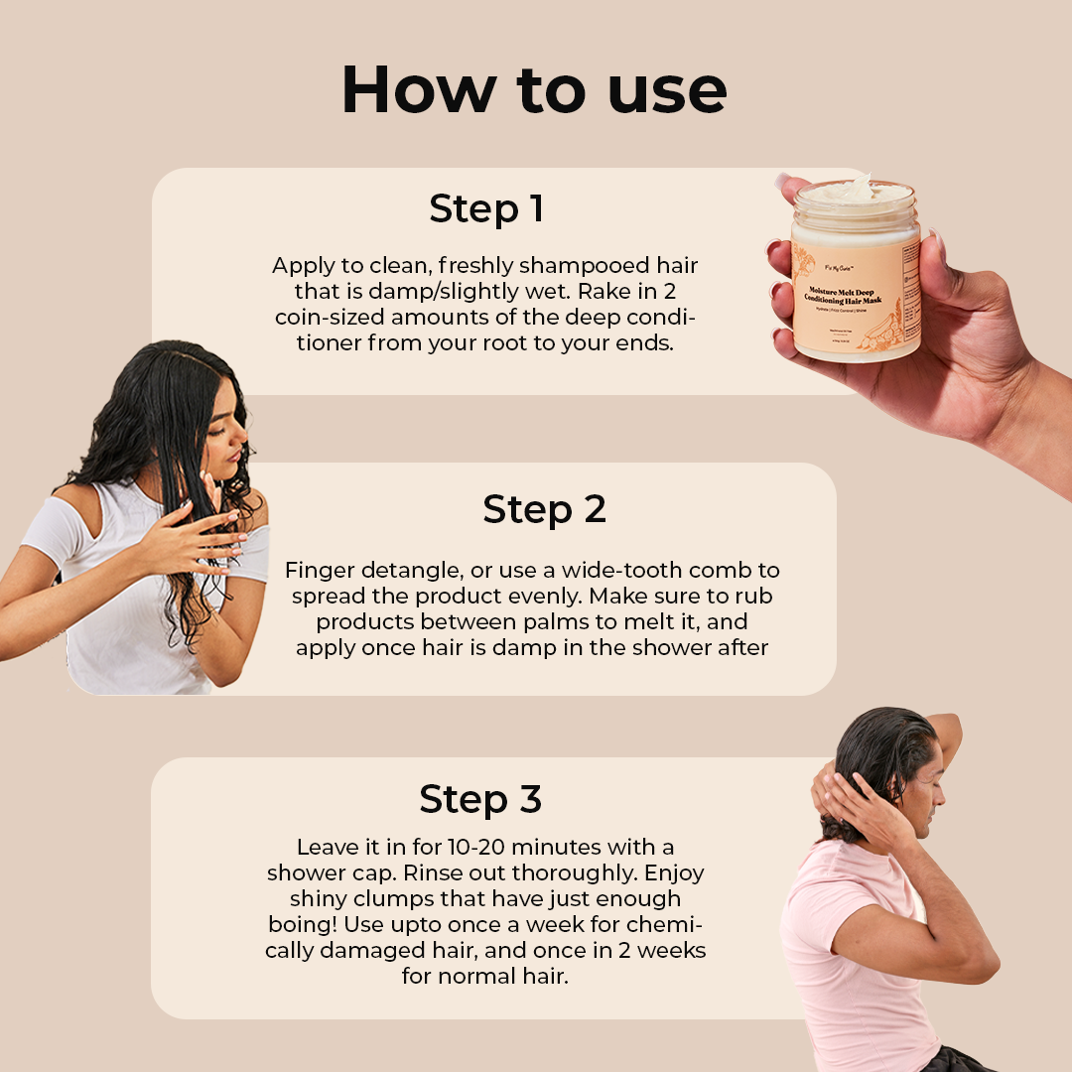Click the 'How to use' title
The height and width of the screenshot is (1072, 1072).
[534, 90]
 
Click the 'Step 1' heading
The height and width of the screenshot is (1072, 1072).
[486, 209]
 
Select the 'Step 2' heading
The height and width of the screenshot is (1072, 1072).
[544, 509]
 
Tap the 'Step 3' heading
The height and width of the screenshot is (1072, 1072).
[480, 799]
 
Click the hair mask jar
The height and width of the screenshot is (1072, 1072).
[856, 273]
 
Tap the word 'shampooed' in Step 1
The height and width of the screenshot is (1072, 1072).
[576, 266]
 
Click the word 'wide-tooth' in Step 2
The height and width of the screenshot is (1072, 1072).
[611, 571]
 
